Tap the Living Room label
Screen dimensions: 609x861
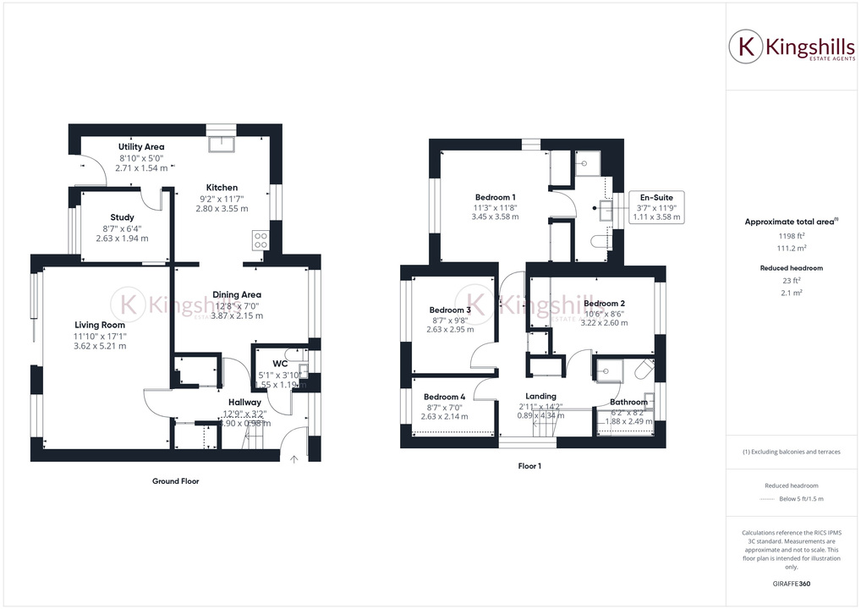(x=100, y=325)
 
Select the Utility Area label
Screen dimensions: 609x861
(x=141, y=146)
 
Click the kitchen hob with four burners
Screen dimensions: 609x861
(x=260, y=240)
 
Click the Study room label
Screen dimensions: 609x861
(x=122, y=217)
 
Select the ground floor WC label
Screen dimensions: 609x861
(x=280, y=364)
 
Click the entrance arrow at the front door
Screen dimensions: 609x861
(x=294, y=460)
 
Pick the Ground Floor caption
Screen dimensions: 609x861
(x=176, y=481)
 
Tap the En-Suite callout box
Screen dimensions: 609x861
(x=655, y=206)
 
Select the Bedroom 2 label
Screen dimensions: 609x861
(x=604, y=303)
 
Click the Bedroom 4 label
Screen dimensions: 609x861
(x=444, y=397)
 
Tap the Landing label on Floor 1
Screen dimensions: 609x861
(x=540, y=396)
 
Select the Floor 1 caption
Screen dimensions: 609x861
(x=529, y=466)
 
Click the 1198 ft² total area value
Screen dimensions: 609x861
(x=792, y=237)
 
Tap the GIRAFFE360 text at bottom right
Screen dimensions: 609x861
(x=792, y=584)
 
